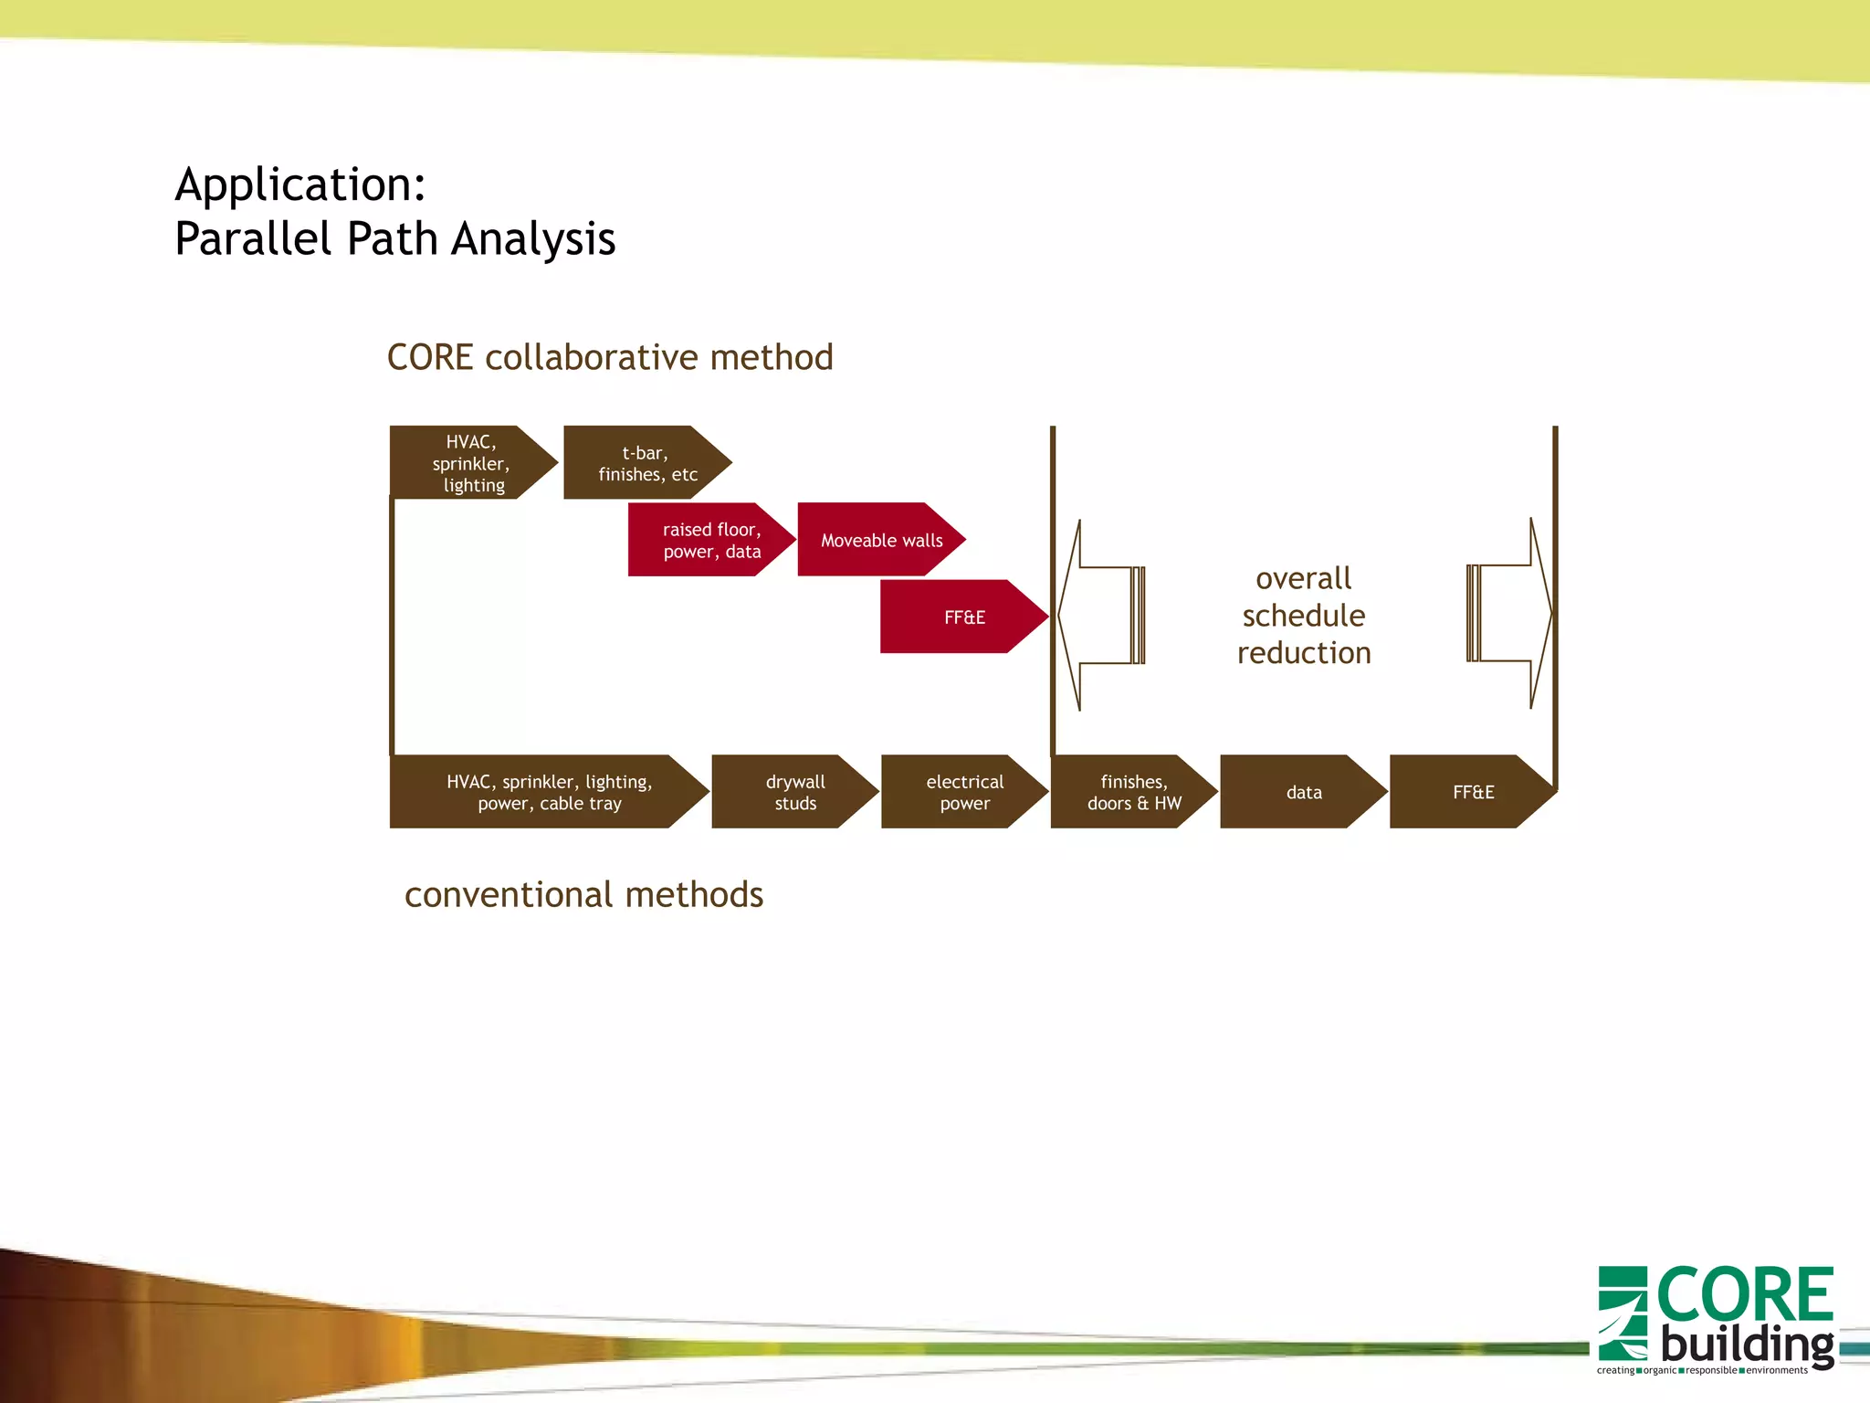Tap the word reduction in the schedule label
pyautogui.click(x=1303, y=653)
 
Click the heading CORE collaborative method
pyautogui.click(x=610, y=357)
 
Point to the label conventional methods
pyautogui.click(x=583, y=894)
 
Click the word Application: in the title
pyautogui.click(x=300, y=185)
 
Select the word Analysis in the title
pyautogui.click(x=533, y=239)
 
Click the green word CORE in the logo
pyautogui.click(x=1744, y=1294)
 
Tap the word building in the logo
pyautogui.click(x=1746, y=1345)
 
